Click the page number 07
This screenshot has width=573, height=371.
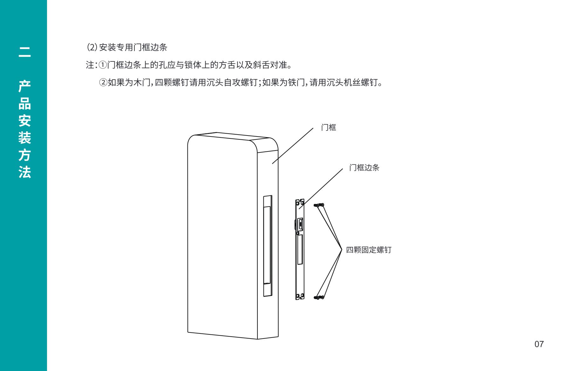[x=539, y=344]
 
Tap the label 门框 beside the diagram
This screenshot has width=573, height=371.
[x=328, y=128]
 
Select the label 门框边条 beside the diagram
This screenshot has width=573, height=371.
[x=364, y=168]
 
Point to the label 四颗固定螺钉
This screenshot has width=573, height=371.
[x=369, y=250]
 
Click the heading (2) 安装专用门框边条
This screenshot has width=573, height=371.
[x=127, y=47]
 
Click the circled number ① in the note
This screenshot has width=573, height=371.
[x=102, y=65]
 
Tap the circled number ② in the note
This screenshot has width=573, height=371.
[x=103, y=83]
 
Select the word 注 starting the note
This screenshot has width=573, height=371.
[x=90, y=65]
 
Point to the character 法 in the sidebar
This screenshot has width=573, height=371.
[x=24, y=172]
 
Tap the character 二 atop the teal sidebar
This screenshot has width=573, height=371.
[x=24, y=52]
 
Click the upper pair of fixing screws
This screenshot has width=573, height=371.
[x=319, y=205]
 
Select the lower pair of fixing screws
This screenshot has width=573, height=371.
[x=319, y=297]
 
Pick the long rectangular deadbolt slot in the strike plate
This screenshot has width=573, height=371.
[x=300, y=249]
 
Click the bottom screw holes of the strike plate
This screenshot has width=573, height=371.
[x=300, y=297]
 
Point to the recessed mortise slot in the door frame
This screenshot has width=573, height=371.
[x=268, y=246]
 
